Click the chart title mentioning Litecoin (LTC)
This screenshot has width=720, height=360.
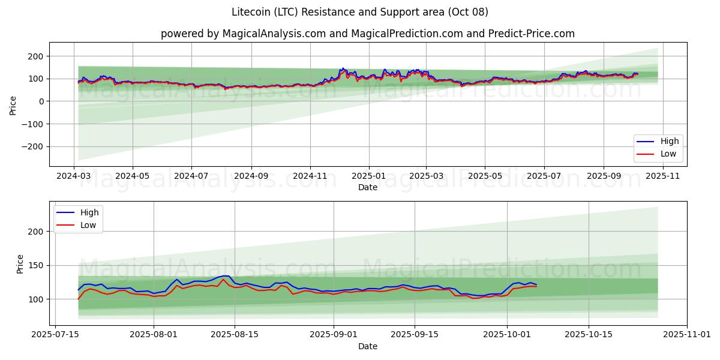pos(359,12)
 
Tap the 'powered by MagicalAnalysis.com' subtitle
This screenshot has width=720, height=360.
pos(367,34)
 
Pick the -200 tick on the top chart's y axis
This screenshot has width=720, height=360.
pos(35,146)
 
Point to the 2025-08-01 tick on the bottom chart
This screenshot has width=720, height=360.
pos(154,335)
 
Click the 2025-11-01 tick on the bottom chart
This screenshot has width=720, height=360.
pos(687,335)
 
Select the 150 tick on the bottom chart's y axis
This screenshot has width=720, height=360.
pos(37,265)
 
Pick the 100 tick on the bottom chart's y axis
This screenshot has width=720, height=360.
pos(37,299)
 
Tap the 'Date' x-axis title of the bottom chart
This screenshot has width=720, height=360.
pos(368,346)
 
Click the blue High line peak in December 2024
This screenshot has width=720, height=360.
pos(343,68)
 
